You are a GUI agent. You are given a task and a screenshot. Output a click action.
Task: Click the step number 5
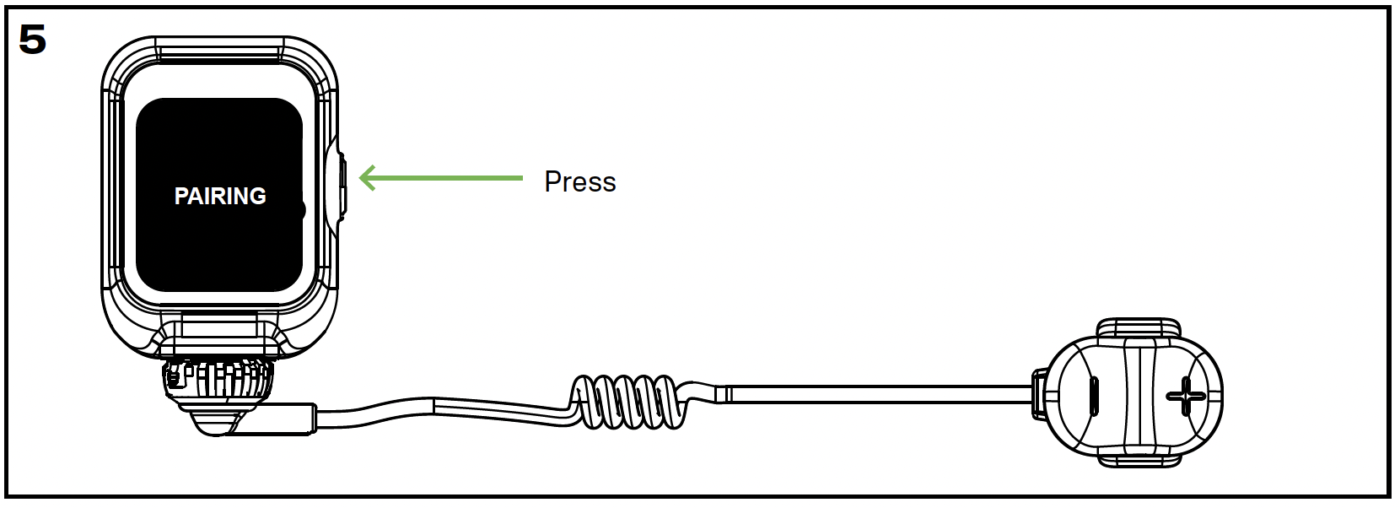[x=32, y=39]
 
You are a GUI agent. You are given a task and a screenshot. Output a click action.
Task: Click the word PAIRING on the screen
[x=220, y=196]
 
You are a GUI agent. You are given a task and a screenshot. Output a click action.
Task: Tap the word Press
[x=580, y=181]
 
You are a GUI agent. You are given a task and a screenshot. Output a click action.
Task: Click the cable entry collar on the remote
[x=1039, y=392]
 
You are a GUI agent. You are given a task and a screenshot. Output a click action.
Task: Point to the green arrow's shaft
[x=447, y=178]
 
